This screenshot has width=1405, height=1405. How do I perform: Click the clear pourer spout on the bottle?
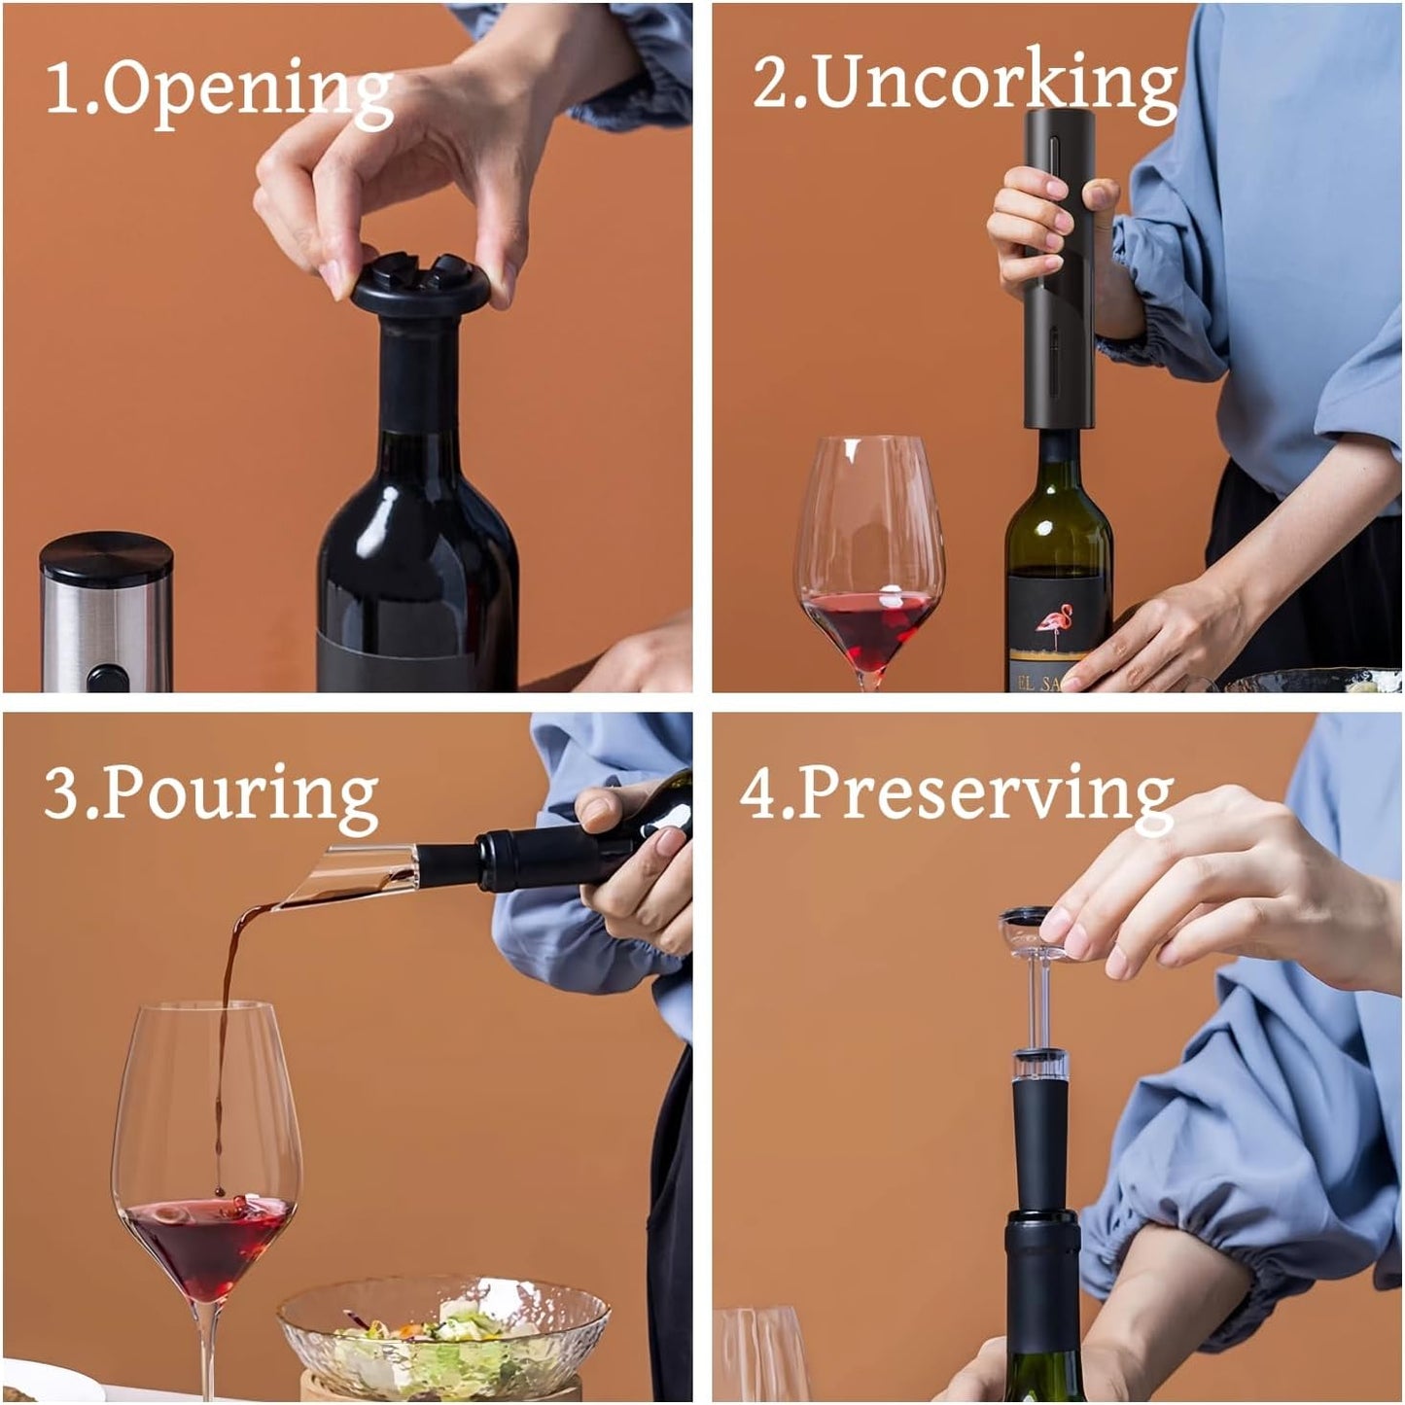pos(350,875)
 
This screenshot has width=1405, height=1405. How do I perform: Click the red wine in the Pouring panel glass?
pos(209,1245)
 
